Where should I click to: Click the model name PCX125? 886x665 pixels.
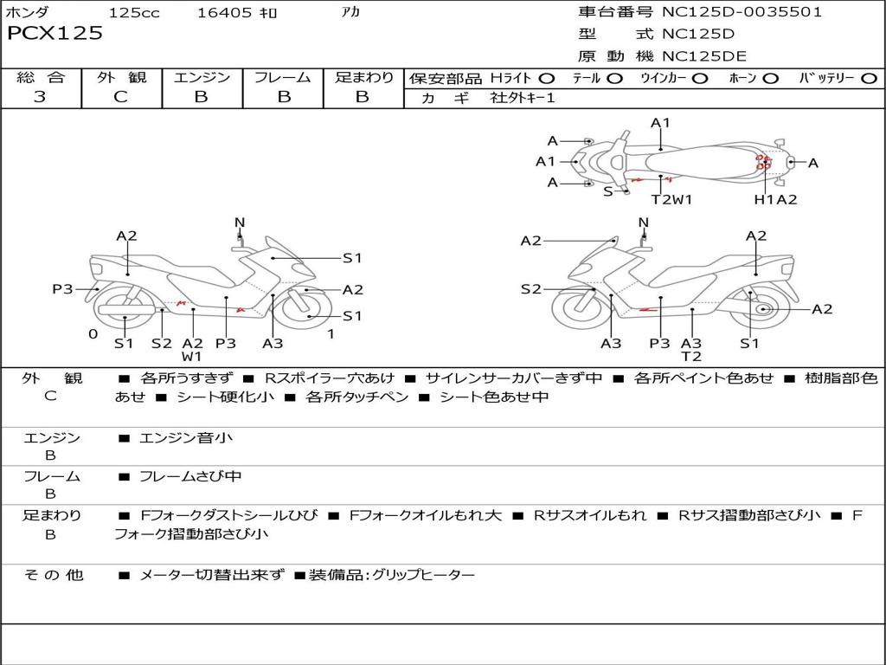coord(55,34)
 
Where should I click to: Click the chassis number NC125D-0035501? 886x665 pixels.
coord(742,12)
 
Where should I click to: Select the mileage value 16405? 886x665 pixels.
coord(224,13)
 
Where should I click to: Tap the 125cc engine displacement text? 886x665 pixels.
coord(134,13)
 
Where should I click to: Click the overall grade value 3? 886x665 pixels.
coord(40,97)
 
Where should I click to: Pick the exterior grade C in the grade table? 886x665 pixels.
coord(120,97)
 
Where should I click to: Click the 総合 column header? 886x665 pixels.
coord(41,78)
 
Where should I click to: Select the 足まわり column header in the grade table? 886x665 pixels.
coord(363,78)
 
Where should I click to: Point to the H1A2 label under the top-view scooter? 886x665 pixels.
coord(775,199)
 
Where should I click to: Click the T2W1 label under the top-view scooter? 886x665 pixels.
coord(672,199)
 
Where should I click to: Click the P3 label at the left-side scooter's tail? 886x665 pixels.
coord(62,289)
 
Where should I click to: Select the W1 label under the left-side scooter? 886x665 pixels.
coord(192,356)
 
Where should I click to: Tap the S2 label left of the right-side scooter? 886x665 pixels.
coord(530,289)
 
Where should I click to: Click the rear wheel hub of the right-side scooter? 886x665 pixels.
coord(762,309)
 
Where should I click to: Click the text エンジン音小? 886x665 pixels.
coord(186,438)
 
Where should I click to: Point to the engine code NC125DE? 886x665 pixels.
coord(703,56)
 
